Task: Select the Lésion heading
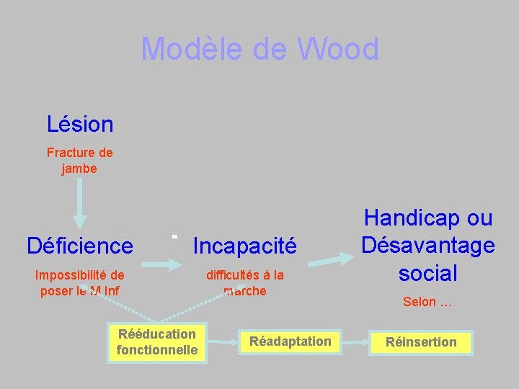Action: [x=80, y=124]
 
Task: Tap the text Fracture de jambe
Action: [x=79, y=161]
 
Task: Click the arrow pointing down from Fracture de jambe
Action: [x=80, y=204]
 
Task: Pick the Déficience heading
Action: [x=80, y=246]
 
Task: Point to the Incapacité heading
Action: [x=245, y=246]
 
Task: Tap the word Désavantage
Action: [x=428, y=245]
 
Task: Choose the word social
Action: [x=428, y=273]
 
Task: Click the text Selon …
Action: [x=427, y=302]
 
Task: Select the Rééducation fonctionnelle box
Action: [x=157, y=341]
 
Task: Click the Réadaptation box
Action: [x=290, y=341]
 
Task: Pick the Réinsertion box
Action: [x=421, y=342]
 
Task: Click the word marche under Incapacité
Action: [x=245, y=291]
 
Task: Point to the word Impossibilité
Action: [x=80, y=274]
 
